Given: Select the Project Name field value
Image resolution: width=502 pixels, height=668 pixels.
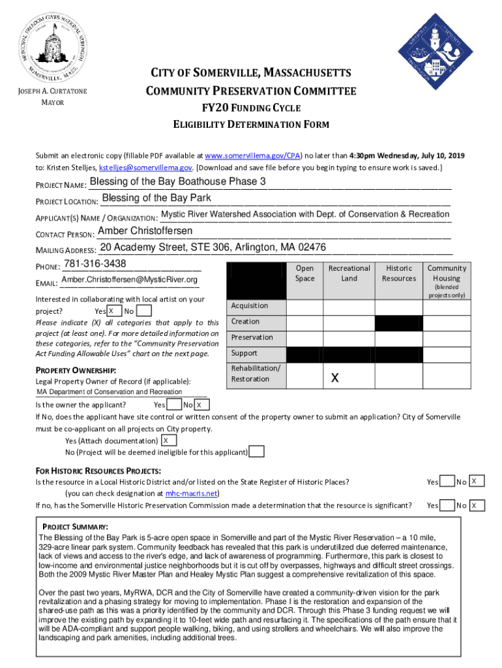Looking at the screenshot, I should [177, 181].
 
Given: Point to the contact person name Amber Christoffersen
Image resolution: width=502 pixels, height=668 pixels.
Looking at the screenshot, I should [145, 231].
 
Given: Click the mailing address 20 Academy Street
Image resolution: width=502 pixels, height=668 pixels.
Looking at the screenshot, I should [213, 247].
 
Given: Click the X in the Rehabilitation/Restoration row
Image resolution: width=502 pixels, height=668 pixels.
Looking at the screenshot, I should [334, 378].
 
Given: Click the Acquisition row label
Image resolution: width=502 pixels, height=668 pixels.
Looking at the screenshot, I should [250, 305].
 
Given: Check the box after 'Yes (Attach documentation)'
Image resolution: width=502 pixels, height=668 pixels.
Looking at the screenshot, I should [166, 441].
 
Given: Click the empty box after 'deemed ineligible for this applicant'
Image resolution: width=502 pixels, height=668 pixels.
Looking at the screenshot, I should [258, 452].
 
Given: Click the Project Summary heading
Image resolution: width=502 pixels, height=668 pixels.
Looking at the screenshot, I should [75, 526].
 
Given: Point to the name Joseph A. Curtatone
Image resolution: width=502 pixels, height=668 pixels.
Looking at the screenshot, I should [52, 91].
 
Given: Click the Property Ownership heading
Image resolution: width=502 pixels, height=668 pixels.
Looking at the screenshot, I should [76, 371].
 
